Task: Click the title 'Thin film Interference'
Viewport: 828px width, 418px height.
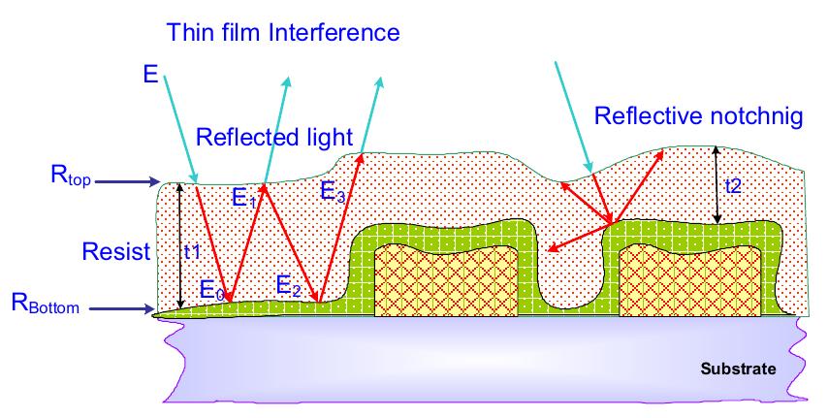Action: click(x=283, y=32)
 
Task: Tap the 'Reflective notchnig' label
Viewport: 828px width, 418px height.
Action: click(x=699, y=116)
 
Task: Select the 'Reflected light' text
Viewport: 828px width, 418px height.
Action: click(x=274, y=137)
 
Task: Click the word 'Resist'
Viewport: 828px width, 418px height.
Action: click(x=116, y=251)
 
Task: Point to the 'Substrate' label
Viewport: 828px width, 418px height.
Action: click(x=738, y=369)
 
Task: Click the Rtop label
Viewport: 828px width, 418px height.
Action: click(x=71, y=175)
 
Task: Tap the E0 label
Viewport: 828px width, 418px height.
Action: click(x=212, y=290)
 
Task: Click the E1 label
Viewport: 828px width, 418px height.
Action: click(x=244, y=198)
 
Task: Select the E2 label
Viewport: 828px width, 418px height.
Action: click(x=289, y=286)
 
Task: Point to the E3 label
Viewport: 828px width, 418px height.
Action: click(x=333, y=192)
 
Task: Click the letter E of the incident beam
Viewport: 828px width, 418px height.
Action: click(x=150, y=74)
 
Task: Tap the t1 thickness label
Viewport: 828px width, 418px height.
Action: click(x=192, y=252)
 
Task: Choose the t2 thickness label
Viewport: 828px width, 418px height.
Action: click(x=733, y=186)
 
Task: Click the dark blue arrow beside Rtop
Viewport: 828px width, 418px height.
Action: click(x=127, y=181)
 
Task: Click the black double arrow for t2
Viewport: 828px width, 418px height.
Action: click(x=717, y=184)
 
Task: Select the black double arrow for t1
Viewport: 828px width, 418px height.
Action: click(x=180, y=245)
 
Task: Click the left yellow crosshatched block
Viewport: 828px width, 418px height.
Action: click(x=446, y=280)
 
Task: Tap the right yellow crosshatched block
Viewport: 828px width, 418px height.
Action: click(x=689, y=281)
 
